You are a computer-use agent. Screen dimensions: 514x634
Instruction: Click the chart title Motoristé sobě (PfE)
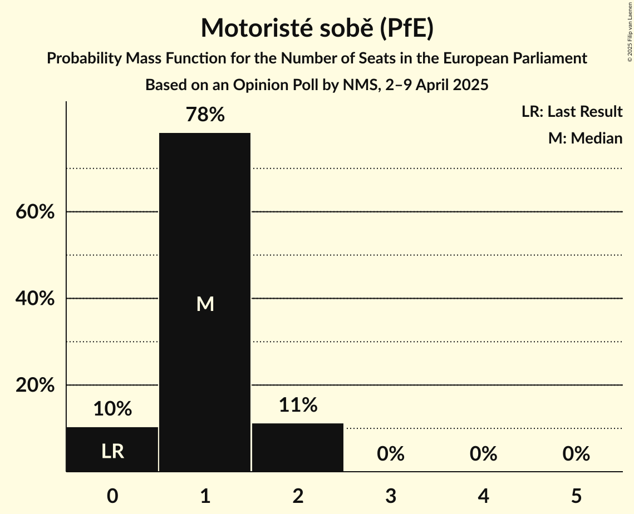click(317, 28)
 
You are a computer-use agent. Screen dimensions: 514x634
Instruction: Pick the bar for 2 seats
click(298, 447)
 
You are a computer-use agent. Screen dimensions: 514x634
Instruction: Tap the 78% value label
click(205, 115)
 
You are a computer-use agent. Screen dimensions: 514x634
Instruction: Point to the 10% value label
click(112, 409)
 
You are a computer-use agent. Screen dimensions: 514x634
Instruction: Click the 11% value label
click(298, 405)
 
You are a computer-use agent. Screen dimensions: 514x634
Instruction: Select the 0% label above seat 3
click(390, 454)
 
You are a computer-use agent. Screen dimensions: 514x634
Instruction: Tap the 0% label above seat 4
click(483, 454)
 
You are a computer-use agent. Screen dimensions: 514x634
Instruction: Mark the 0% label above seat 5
click(576, 454)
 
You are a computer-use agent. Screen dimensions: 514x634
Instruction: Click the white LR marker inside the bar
click(112, 451)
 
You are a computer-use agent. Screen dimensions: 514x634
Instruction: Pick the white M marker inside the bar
click(205, 304)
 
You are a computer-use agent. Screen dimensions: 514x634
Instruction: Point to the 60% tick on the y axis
click(35, 212)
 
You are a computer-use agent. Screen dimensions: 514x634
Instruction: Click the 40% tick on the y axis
click(35, 299)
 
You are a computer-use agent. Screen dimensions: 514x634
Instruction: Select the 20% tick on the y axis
click(35, 385)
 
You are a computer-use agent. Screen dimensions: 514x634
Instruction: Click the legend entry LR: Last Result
click(572, 112)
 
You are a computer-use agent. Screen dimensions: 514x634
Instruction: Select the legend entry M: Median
click(585, 138)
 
